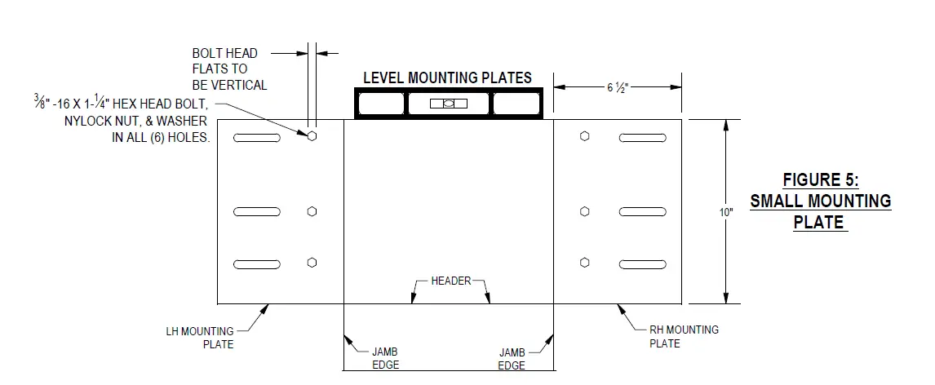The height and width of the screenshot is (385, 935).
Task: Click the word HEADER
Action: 451,281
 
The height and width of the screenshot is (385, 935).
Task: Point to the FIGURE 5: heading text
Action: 820,179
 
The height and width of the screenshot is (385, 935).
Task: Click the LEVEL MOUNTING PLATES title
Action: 447,78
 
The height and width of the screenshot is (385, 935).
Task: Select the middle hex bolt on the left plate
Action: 312,212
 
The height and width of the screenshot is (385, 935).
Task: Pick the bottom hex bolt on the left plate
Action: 312,263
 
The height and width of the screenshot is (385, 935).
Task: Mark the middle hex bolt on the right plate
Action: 584,212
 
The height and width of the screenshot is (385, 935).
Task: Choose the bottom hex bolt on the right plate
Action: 584,263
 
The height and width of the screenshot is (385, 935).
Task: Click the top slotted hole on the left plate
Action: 257,138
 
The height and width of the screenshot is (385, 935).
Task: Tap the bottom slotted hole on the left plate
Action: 257,263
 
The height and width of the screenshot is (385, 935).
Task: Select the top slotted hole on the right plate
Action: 642,138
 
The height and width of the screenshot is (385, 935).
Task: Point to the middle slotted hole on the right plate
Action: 642,213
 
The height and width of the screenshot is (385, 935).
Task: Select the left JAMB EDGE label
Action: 379,358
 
